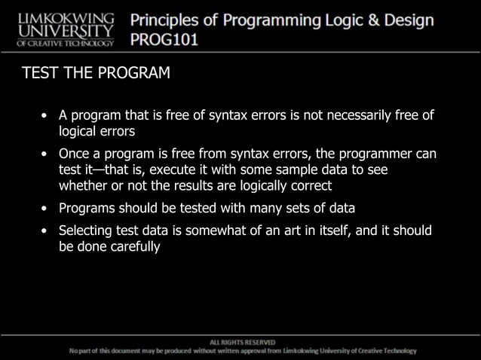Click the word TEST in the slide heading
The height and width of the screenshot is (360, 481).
pos(38,74)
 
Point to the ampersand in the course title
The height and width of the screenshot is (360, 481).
pos(368,20)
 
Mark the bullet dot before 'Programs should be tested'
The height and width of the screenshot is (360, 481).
pos(47,209)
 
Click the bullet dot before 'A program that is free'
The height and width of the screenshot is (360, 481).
pos(47,116)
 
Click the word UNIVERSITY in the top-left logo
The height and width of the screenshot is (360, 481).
pos(65,30)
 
